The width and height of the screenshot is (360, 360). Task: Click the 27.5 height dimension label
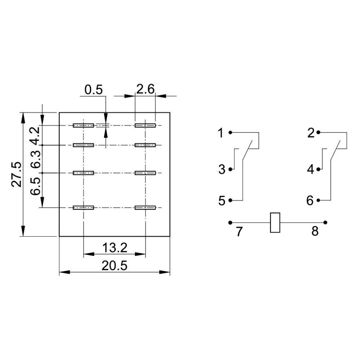(x=17, y=175)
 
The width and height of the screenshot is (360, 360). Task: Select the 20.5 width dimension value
(x=114, y=266)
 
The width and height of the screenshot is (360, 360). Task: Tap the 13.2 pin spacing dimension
(x=114, y=248)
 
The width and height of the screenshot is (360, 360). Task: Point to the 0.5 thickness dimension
(x=94, y=90)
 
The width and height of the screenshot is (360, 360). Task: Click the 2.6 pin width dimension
(x=145, y=89)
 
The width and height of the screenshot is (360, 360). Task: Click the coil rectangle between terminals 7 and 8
(x=275, y=222)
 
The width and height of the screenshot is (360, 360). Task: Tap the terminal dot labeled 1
(x=230, y=132)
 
